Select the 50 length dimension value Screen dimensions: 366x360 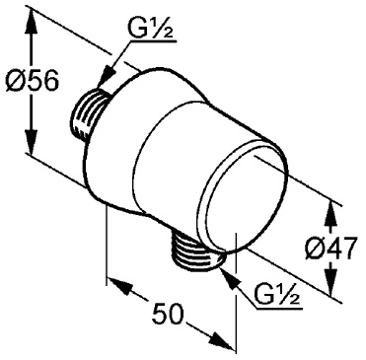tap(169, 315)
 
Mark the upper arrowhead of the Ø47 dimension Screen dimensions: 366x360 tap(331, 210)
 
